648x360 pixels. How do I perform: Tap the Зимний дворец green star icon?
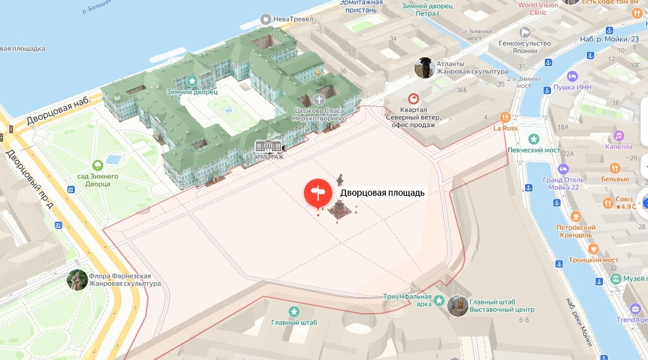click(x=192, y=81)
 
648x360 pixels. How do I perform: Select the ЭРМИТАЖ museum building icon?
click(x=268, y=145)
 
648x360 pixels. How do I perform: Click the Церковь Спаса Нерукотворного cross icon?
click(x=319, y=100)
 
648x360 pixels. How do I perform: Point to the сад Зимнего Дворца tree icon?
click(x=97, y=165)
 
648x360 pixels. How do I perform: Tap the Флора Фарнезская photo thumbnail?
click(x=77, y=280)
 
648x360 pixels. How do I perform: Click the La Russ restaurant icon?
click(x=505, y=117)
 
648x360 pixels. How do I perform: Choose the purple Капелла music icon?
click(x=617, y=136)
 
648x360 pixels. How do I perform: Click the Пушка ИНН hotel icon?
click(x=572, y=77)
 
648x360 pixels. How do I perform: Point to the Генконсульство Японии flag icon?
click(x=524, y=33)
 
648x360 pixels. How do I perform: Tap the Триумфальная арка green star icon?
click(x=439, y=301)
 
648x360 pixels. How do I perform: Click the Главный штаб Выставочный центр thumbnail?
click(x=458, y=305)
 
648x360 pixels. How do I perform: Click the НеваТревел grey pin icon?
click(x=266, y=19)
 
